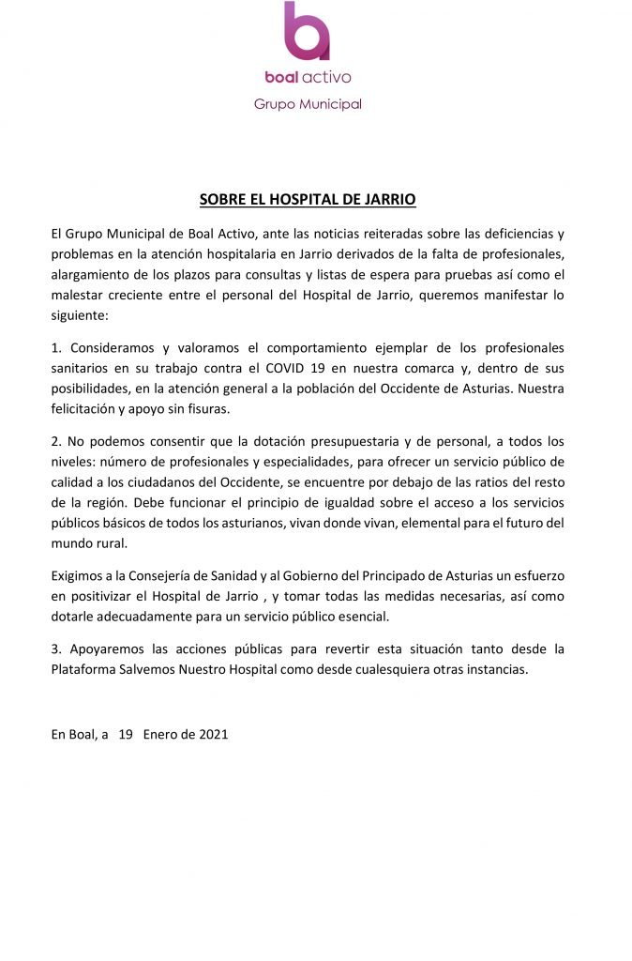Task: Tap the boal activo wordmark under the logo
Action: tap(308, 77)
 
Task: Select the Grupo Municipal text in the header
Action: tap(308, 103)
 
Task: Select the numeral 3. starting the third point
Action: tap(56, 649)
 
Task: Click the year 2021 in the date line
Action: tap(213, 735)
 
